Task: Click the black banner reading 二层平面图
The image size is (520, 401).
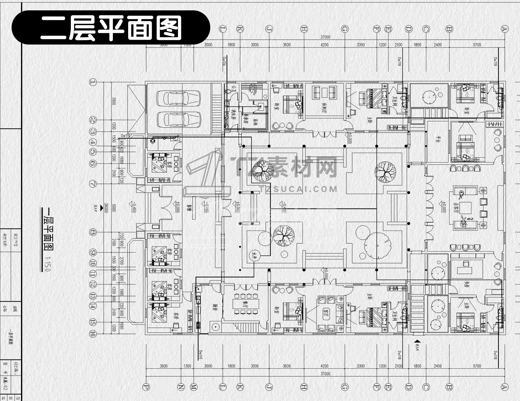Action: [x=111, y=27]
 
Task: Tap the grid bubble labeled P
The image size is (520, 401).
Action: [x=146, y=387]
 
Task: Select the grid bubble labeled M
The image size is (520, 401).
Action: [x=193, y=387]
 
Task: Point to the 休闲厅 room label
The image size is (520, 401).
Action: [x=324, y=107]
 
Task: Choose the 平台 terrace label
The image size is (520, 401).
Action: [x=438, y=139]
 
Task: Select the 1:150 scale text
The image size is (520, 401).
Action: [x=48, y=264]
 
